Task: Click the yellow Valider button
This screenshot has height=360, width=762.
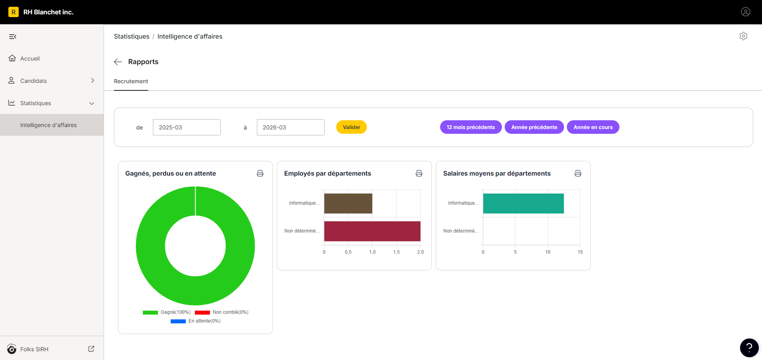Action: pos(351,127)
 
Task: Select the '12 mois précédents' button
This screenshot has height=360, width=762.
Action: pos(470,127)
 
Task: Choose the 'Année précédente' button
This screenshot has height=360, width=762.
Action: pos(534,127)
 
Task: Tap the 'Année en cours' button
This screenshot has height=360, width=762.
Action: pos(593,127)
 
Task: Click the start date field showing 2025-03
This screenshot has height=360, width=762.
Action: pos(186,127)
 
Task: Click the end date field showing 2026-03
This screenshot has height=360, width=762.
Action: pos(290,127)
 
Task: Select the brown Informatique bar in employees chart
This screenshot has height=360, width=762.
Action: pos(348,203)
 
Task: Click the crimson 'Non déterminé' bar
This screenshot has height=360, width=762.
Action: pos(372,231)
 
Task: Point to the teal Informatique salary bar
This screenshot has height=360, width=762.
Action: pos(523,203)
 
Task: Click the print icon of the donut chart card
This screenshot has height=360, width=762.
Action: pos(260,173)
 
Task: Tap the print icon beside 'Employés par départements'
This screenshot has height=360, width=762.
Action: pos(419,173)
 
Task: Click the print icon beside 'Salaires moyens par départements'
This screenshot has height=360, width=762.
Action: pos(578,173)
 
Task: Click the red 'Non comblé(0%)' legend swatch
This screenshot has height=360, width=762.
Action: pos(202,313)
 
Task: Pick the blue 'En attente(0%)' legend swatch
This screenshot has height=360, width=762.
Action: pos(178,321)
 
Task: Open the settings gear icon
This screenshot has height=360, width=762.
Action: pos(743,36)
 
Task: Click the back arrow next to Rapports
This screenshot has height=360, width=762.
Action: pos(118,62)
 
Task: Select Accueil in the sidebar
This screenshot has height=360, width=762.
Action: pos(30,59)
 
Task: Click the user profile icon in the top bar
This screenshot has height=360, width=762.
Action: pos(746,12)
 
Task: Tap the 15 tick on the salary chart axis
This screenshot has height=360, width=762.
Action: pos(580,252)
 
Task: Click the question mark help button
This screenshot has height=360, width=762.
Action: pos(749,348)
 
